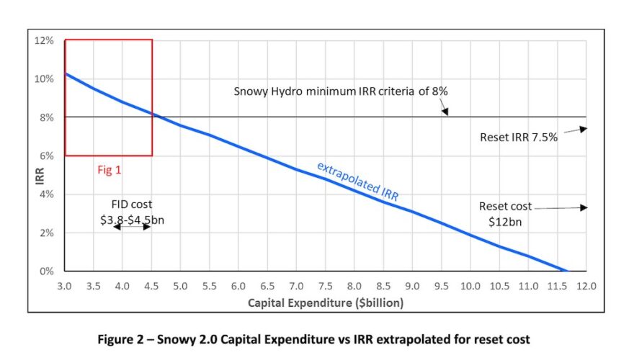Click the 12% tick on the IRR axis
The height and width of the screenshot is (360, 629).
click(x=45, y=40)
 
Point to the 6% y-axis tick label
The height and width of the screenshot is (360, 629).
click(x=47, y=156)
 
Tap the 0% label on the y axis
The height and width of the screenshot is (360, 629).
click(x=47, y=272)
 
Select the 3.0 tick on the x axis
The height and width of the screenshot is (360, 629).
click(x=64, y=287)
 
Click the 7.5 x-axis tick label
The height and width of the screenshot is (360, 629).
click(x=325, y=287)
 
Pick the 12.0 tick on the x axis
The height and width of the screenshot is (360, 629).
click(x=586, y=287)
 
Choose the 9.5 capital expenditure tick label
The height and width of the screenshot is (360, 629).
click(x=441, y=287)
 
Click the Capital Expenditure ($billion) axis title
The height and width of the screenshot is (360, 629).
click(x=326, y=303)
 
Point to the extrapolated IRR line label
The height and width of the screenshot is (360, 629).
click(x=358, y=181)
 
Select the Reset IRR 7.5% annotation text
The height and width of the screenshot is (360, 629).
click(x=519, y=137)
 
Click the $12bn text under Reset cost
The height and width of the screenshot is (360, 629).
click(x=504, y=221)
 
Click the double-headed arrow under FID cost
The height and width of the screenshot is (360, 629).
click(x=132, y=227)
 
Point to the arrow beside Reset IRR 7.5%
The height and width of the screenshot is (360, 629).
click(x=574, y=132)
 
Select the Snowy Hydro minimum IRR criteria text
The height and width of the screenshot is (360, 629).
click(x=341, y=92)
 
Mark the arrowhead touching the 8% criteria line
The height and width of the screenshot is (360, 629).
click(x=445, y=112)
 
